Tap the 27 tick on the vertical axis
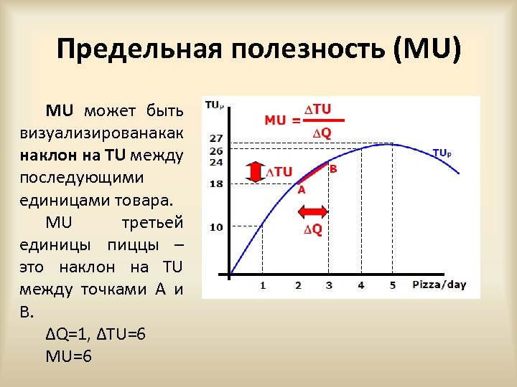coord(216,138)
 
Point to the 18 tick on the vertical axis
coord(216,184)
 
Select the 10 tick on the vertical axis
coord(216,227)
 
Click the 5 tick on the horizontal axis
coord(393,285)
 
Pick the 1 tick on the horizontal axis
coord(263,285)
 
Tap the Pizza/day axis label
coord(439,285)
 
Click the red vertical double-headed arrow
coord(255,172)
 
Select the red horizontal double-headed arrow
coord(313,212)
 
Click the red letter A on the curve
coord(302,190)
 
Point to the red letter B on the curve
coord(332,169)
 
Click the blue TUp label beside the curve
coord(446,153)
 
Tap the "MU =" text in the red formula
coord(283,120)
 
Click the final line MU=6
coord(69,356)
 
